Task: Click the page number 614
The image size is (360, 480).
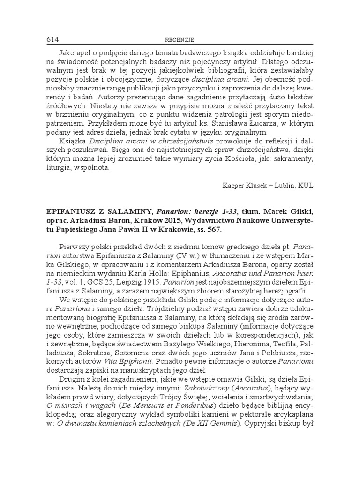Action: click(52, 39)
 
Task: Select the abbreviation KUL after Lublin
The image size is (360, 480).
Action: click(304, 185)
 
